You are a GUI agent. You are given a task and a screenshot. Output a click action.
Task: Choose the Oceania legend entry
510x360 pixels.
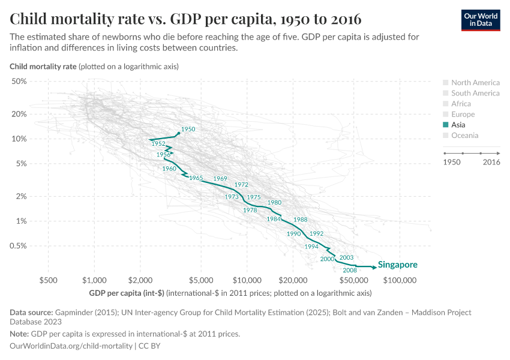pyautogui.click(x=464, y=136)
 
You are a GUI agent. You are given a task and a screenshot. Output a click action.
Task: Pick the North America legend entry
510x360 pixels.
pyautogui.click(x=475, y=83)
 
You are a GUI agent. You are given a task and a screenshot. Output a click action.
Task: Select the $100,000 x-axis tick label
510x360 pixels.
pyautogui.click(x=400, y=280)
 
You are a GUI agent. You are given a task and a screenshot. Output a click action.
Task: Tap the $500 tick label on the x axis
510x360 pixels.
pyautogui.click(x=48, y=280)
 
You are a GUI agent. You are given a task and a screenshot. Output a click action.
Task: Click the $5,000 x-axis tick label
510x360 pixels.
pyautogui.click(x=200, y=280)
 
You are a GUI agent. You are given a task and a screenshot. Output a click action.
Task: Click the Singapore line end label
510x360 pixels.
pyautogui.click(x=397, y=265)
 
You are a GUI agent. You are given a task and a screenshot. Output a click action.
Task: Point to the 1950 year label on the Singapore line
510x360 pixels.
pyautogui.click(x=188, y=129)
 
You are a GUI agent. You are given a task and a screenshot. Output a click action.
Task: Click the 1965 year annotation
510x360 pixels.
pyautogui.click(x=196, y=178)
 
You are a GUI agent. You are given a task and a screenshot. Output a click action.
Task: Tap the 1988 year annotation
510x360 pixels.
pyautogui.click(x=301, y=220)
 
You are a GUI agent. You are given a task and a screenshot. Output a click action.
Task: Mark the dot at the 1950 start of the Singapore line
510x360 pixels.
pyautogui.click(x=179, y=133)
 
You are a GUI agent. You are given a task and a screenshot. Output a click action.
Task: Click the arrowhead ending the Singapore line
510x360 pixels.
pyautogui.click(x=374, y=266)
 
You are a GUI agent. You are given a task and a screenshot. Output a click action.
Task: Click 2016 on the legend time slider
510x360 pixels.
pyautogui.click(x=491, y=163)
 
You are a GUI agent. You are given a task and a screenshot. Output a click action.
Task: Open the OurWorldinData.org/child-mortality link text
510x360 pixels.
pyautogui.click(x=72, y=346)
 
